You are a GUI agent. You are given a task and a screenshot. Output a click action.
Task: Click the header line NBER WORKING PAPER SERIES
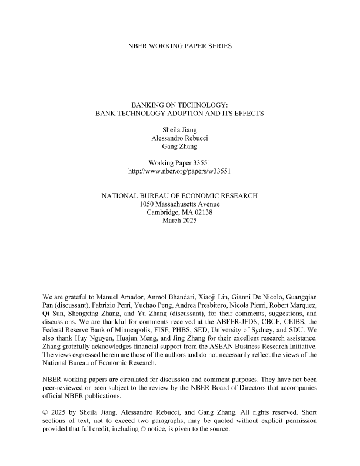point(180,45)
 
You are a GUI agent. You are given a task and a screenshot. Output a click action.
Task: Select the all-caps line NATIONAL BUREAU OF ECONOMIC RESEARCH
point(180,194)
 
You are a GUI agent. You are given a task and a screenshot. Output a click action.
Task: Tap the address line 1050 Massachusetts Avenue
point(180,204)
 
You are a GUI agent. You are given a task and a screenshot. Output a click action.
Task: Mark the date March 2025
point(180,221)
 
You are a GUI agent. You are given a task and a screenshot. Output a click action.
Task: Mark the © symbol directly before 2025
point(46,411)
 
